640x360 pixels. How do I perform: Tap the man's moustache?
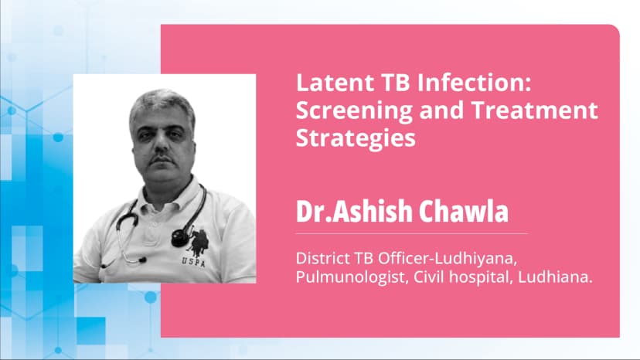(161, 158)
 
